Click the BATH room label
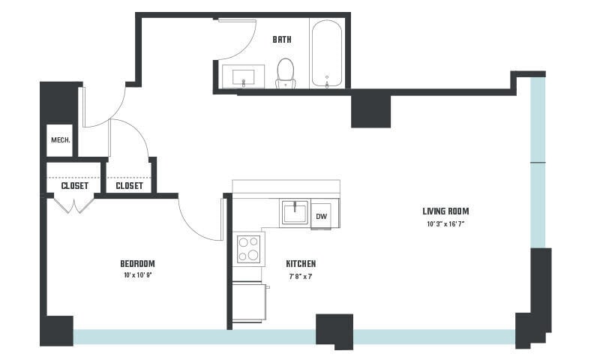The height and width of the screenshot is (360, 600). tap(282, 40)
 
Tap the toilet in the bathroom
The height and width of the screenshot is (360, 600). tap(286, 73)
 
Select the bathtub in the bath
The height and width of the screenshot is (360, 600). tap(327, 54)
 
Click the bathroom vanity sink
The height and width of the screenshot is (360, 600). tap(244, 77)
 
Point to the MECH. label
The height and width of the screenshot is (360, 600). tap(60, 140)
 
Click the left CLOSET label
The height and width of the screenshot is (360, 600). tap(74, 185)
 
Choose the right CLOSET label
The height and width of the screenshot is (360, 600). tap(129, 185)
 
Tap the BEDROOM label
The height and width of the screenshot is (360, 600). tap(137, 263)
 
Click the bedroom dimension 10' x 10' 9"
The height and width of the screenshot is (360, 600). tap(137, 276)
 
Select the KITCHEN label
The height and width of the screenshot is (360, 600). tap(301, 264)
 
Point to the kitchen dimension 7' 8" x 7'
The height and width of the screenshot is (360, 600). tap(300, 276)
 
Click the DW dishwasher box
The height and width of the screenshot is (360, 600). tap(321, 216)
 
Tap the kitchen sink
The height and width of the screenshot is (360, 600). tap(295, 212)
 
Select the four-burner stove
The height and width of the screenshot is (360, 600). tap(248, 248)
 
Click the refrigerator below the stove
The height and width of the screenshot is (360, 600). tap(249, 301)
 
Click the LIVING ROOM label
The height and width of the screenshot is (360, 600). tap(445, 211)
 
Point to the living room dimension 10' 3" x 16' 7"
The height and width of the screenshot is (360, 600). tap(445, 224)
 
